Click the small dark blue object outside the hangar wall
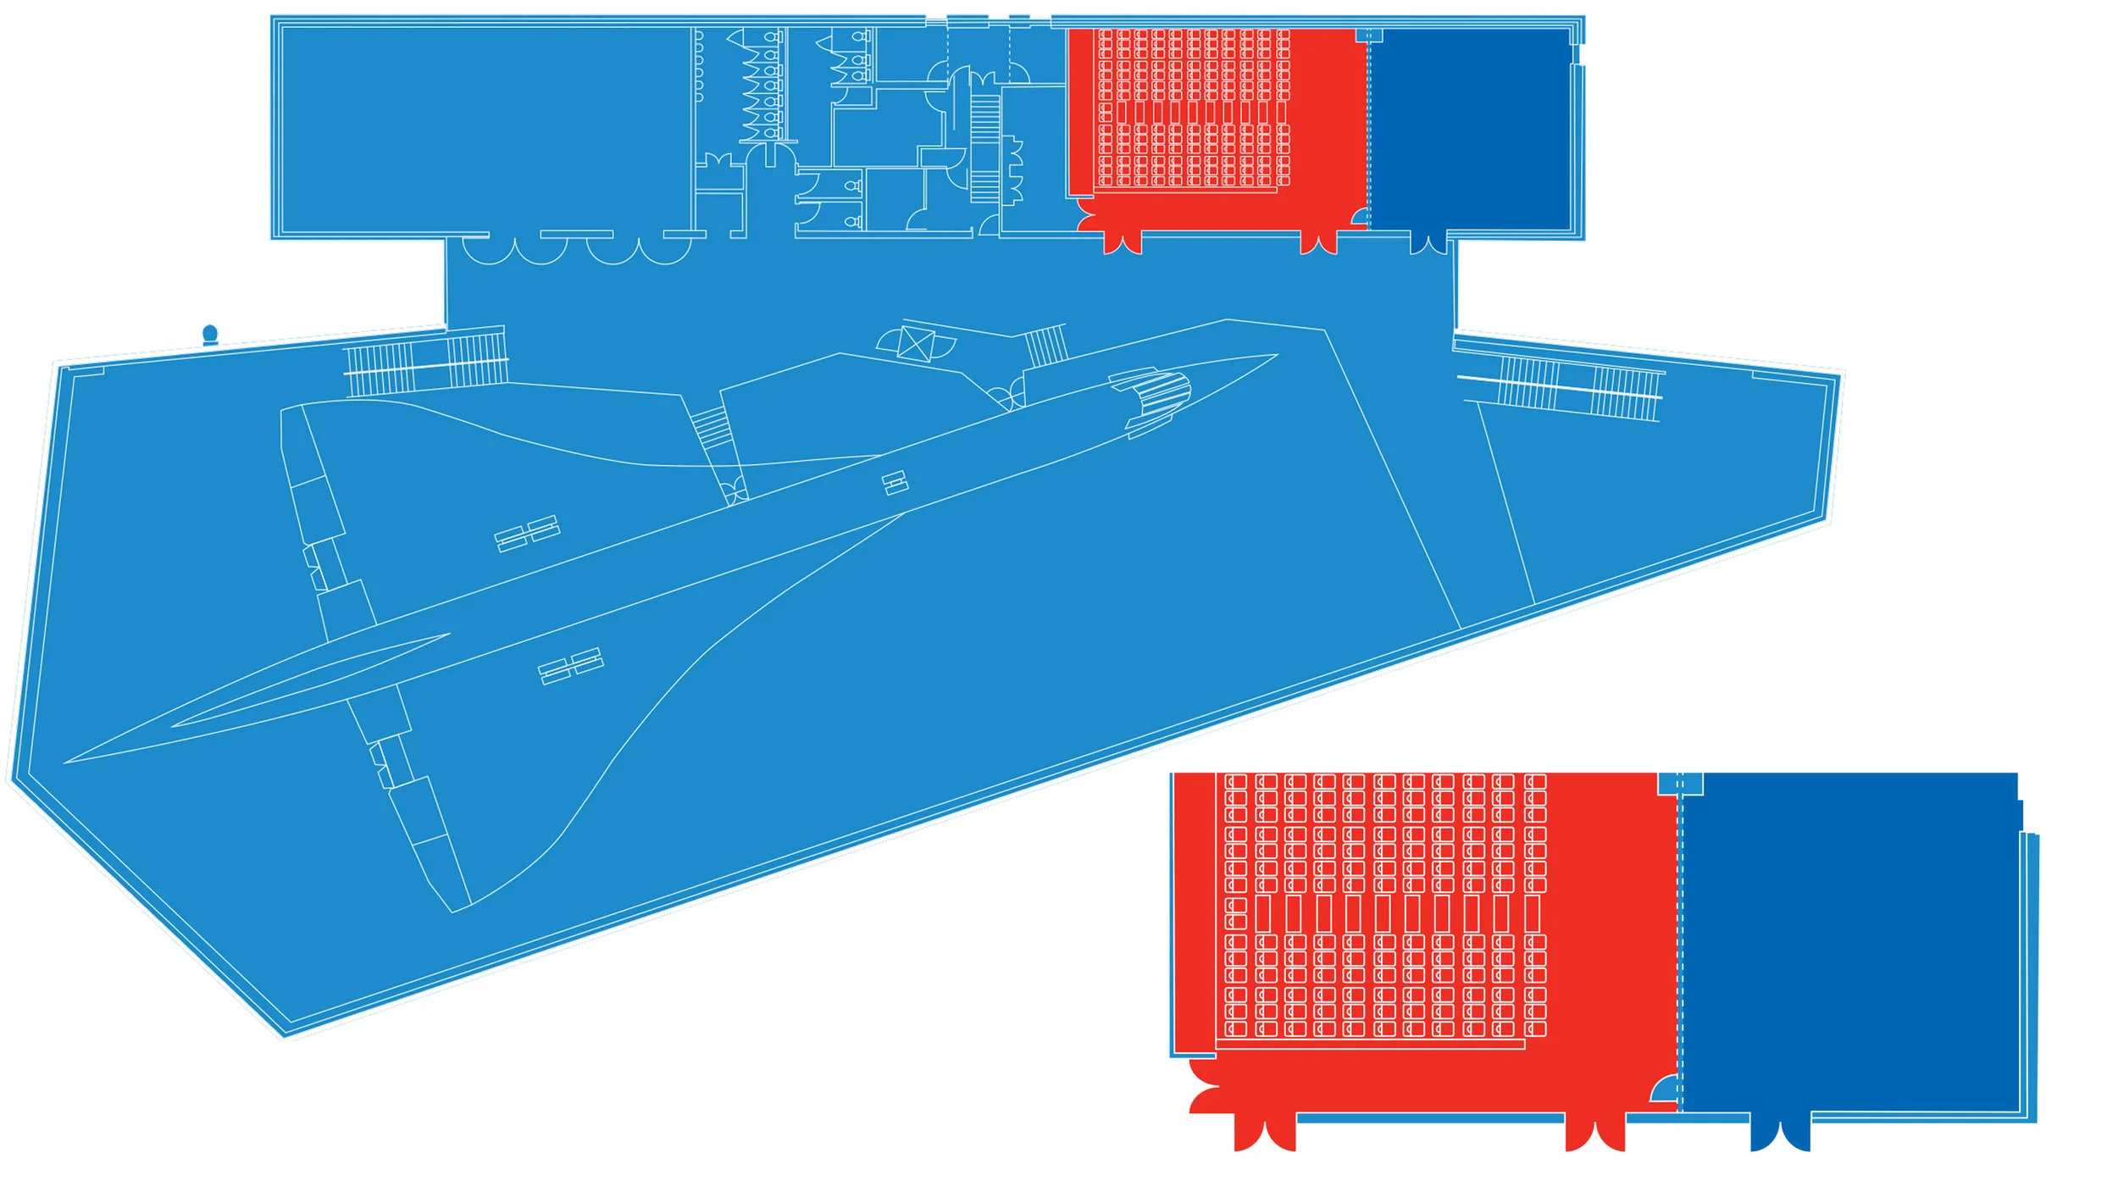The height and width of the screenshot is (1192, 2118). pos(210,335)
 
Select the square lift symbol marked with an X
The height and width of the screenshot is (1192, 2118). pos(915,344)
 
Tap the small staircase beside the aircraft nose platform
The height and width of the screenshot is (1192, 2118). pos(1045,346)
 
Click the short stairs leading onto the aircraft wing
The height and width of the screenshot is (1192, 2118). pos(711,428)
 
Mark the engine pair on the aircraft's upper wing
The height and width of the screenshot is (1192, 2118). pos(527,534)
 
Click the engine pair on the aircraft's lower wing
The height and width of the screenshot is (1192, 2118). pos(571,666)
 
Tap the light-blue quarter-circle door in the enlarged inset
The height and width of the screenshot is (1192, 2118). pos(1665,1090)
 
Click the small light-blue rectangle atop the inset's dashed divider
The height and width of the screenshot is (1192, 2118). pos(1680,784)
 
